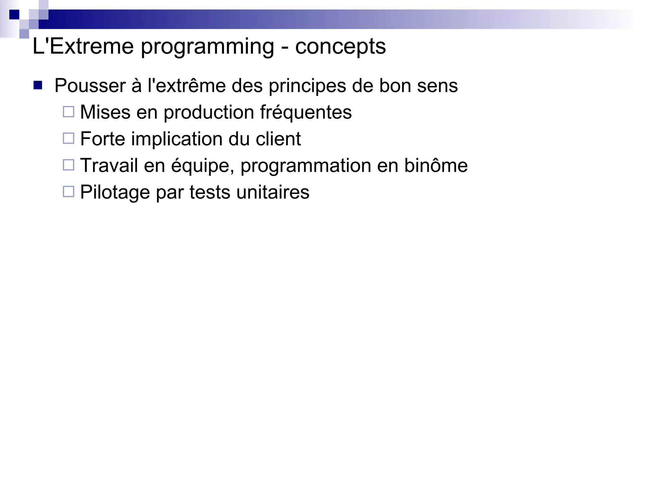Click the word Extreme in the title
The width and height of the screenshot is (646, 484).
tap(91, 46)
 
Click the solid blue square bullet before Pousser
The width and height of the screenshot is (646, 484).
tap(38, 85)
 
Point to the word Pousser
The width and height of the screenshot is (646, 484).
tap(90, 86)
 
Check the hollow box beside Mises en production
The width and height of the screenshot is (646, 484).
tap(68, 112)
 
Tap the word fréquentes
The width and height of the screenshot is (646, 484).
tap(306, 113)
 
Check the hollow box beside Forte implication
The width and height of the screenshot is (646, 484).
tap(68, 138)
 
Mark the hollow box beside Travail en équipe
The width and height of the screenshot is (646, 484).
tap(68, 165)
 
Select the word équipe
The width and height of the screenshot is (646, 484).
tap(202, 166)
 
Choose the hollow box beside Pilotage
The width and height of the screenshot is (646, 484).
tap(68, 192)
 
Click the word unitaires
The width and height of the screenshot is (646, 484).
tap(273, 192)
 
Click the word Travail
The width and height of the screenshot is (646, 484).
tap(109, 166)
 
